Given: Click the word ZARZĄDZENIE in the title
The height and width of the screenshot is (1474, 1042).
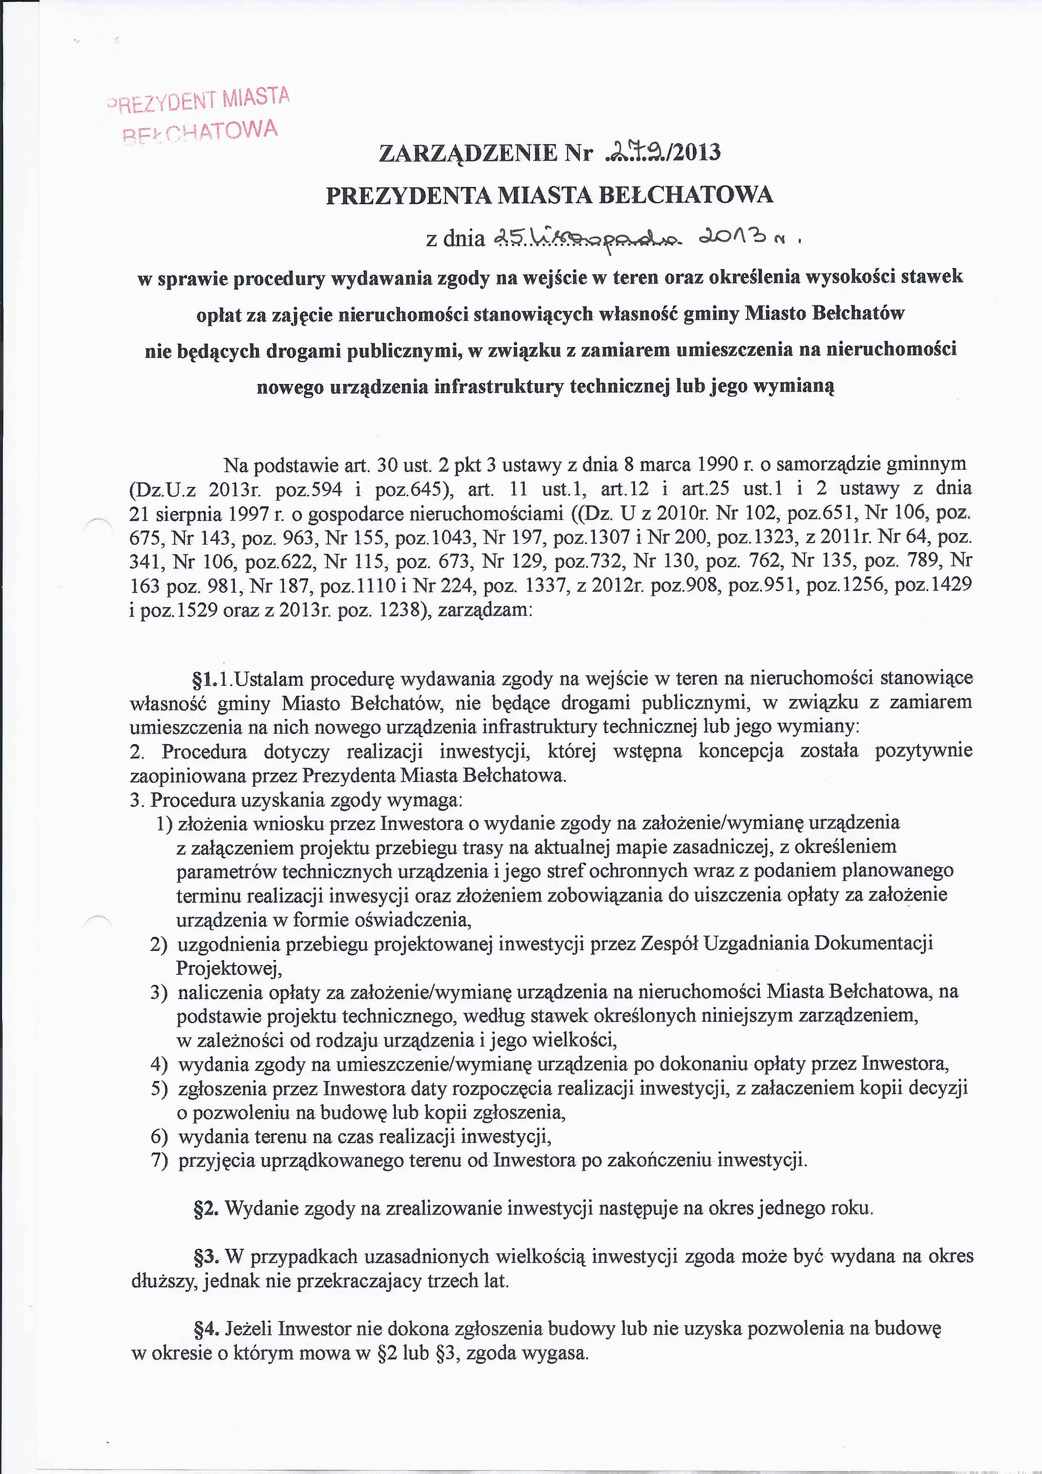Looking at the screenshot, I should [468, 153].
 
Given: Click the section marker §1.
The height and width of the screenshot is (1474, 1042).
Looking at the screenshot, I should [202, 679].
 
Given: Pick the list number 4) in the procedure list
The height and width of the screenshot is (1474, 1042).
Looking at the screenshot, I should [159, 1064].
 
